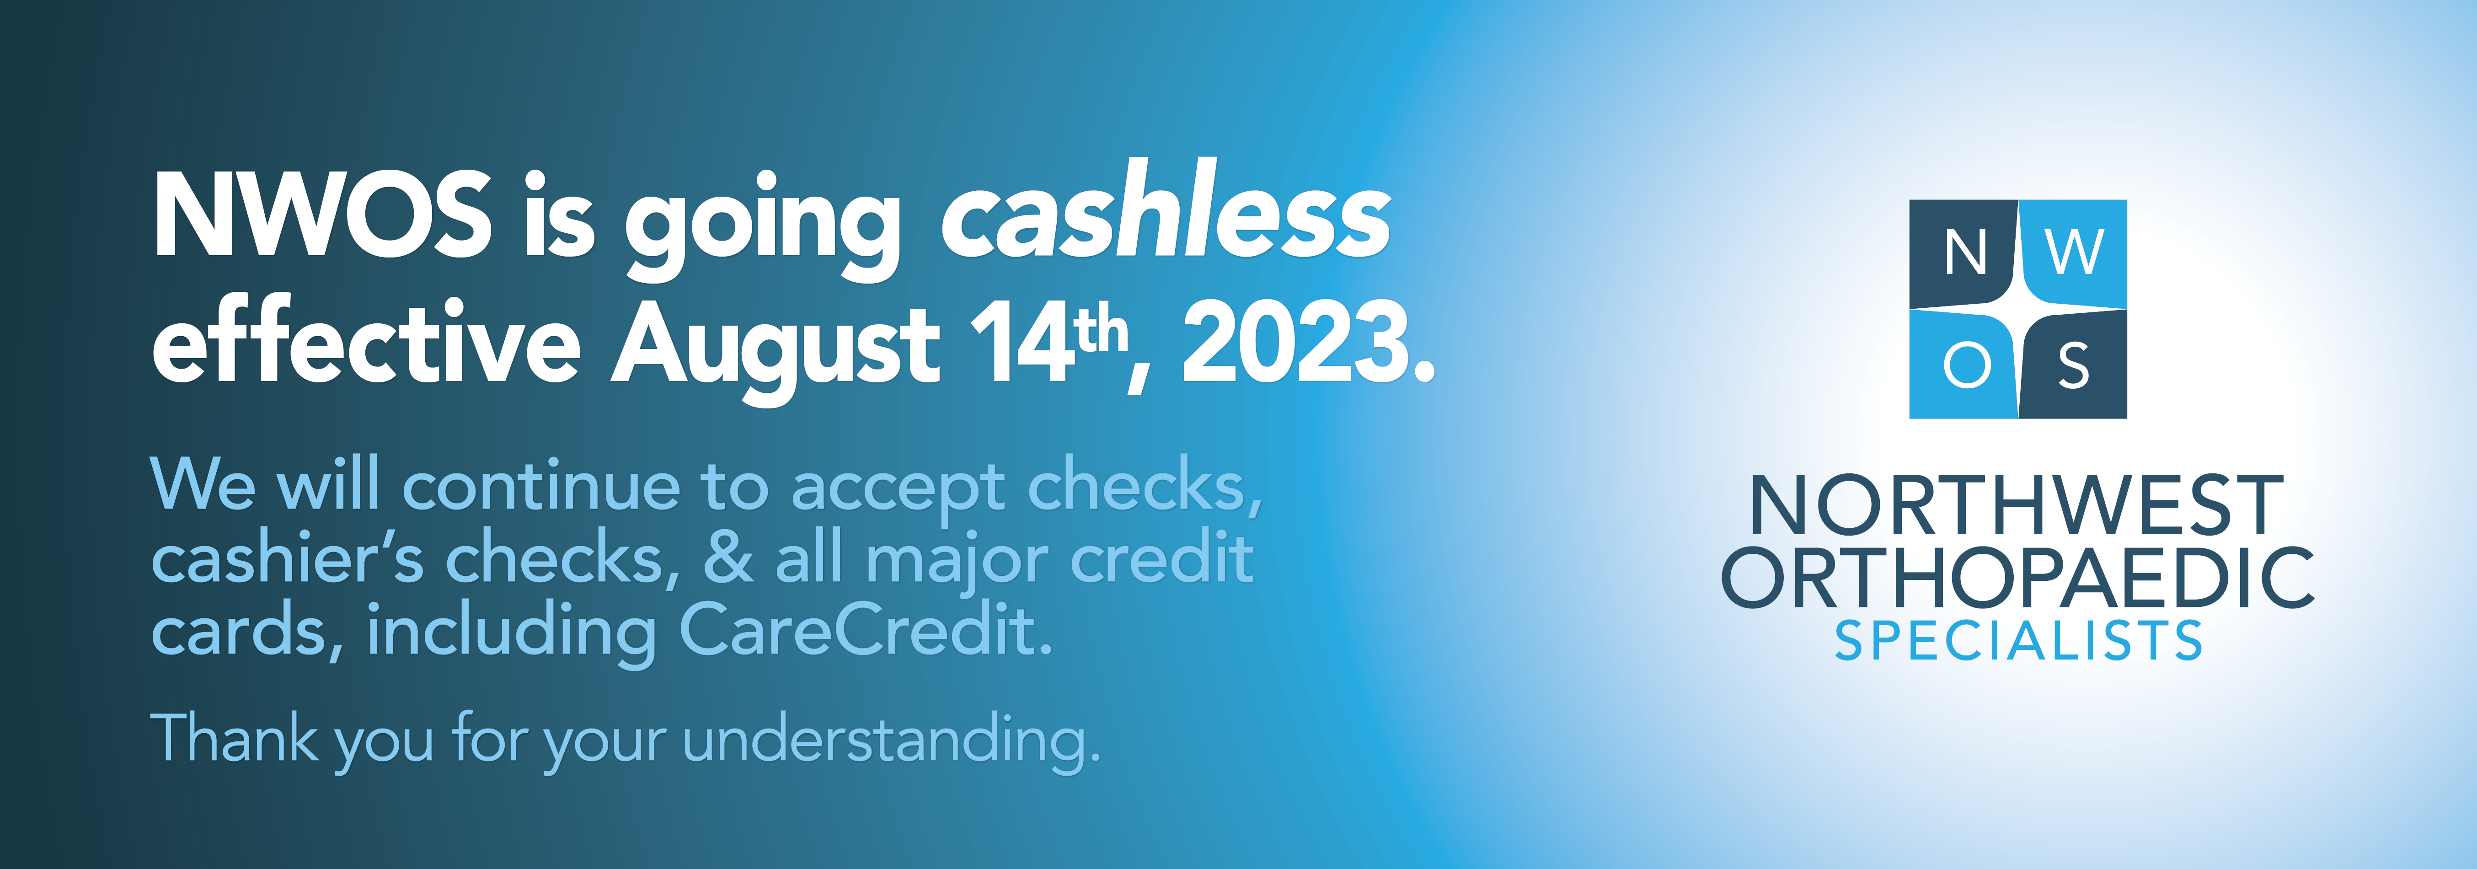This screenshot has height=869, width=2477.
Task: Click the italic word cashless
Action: (1166, 209)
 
